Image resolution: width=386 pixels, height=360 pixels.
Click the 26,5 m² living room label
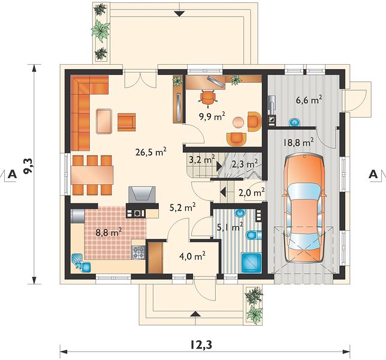151,152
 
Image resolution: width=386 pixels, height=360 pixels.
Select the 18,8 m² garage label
298,142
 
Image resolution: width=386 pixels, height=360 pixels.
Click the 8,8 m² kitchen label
109,232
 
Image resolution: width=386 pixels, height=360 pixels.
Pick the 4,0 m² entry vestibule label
192,256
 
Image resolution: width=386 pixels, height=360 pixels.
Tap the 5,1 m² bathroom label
230,227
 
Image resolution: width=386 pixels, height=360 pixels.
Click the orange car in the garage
304,208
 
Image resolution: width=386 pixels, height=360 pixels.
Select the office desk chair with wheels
208,97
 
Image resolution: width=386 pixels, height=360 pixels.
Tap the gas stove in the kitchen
138,253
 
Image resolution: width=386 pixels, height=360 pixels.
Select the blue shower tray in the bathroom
251,263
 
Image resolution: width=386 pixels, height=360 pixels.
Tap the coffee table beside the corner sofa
104,121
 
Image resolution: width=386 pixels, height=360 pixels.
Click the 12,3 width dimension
201,345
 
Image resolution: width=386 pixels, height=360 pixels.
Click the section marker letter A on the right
373,175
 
